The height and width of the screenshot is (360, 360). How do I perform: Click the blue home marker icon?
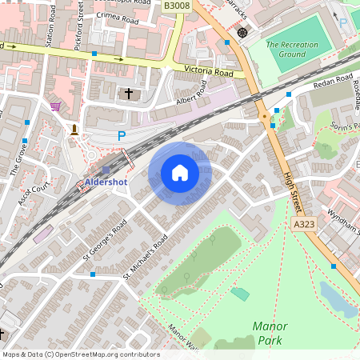[x=180, y=173]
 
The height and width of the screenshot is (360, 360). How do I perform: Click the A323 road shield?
[x=304, y=225]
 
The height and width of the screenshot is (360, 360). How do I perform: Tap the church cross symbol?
[x=129, y=94]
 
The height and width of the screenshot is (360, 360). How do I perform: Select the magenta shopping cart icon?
[x=55, y=106]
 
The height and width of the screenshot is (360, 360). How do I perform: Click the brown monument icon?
[x=74, y=129]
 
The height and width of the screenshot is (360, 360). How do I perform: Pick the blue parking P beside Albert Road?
[x=122, y=136]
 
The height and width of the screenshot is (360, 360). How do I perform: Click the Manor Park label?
[x=270, y=333]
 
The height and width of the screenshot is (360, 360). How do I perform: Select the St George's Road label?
[x=105, y=241]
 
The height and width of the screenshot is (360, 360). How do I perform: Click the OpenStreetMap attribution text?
[x=80, y=354]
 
